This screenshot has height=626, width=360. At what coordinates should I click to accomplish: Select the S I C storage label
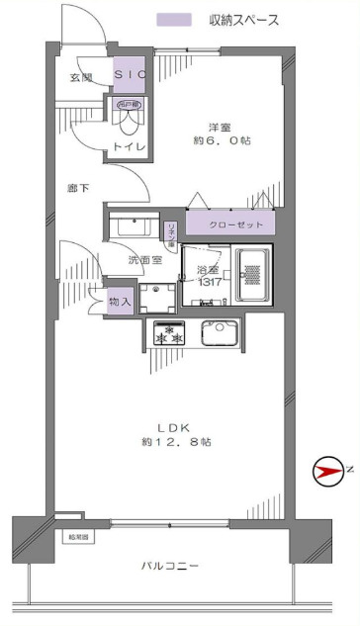click(129, 75)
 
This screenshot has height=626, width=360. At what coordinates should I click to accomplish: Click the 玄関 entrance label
click(82, 76)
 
